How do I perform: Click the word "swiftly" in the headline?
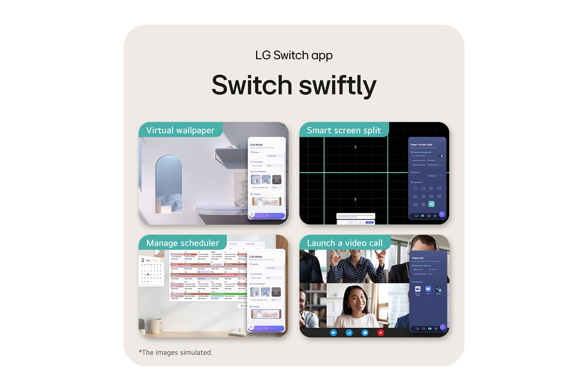click(x=337, y=85)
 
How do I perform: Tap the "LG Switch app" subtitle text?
click(x=294, y=55)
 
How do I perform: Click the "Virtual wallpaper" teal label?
click(x=180, y=130)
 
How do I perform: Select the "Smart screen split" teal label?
click(x=344, y=130)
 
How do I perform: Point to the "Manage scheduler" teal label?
click(x=182, y=243)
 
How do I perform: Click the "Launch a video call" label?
click(x=345, y=243)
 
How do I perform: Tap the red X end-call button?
click(x=380, y=332)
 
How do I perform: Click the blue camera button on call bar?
click(x=333, y=332)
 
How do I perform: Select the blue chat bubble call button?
click(x=365, y=332)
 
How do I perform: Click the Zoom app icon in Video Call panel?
click(x=428, y=289)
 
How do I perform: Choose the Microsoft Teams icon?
click(x=418, y=289)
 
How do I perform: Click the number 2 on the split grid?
click(x=355, y=147)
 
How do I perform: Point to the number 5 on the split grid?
click(x=355, y=199)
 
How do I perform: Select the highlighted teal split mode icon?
click(x=431, y=204)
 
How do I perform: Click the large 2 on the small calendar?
click(x=143, y=260)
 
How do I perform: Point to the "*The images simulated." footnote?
click(x=176, y=352)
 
